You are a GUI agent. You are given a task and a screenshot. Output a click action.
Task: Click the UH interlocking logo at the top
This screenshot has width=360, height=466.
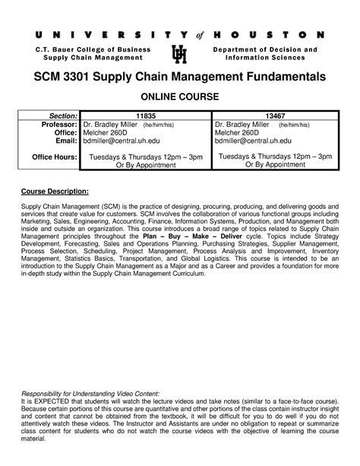pyautogui.click(x=180, y=55)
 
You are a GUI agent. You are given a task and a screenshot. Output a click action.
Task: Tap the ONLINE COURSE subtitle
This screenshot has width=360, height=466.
pyautogui.click(x=179, y=97)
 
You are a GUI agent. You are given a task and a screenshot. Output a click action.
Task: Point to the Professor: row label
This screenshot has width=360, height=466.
pyautogui.click(x=52, y=124)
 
